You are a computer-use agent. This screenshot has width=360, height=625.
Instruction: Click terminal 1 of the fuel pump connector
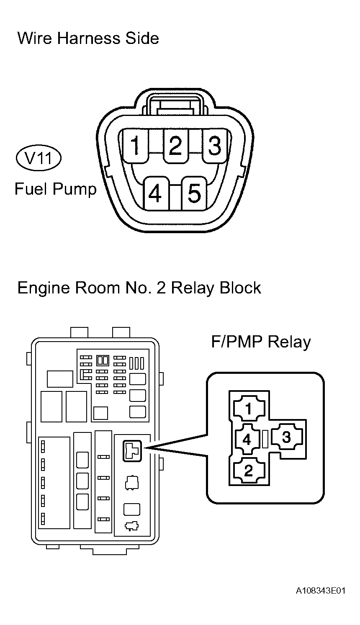pyautogui.click(x=135, y=146)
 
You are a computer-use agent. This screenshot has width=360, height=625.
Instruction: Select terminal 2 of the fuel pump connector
pyautogui.click(x=175, y=146)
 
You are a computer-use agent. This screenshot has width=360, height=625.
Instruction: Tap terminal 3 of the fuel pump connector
pyautogui.click(x=215, y=146)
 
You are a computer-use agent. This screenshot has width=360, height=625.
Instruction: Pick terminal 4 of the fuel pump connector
pyautogui.click(x=156, y=193)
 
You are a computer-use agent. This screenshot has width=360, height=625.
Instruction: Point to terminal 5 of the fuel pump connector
pyautogui.click(x=195, y=193)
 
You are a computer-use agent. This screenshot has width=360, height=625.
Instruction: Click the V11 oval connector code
pyautogui.click(x=39, y=158)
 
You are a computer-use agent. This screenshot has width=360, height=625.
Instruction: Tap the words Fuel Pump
pyautogui.click(x=56, y=189)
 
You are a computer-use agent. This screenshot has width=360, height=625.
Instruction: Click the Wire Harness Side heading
pyautogui.click(x=88, y=38)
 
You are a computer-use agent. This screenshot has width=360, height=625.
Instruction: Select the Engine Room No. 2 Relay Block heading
pyautogui.click(x=139, y=288)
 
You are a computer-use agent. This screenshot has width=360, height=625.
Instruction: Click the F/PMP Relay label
pyautogui.click(x=261, y=342)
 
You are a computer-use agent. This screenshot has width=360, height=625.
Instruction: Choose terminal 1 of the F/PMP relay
pyautogui.click(x=249, y=409)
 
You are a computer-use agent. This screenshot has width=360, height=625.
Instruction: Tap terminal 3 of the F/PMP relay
pyautogui.click(x=287, y=437)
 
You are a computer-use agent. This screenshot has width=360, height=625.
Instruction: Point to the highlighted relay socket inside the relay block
pyautogui.click(x=132, y=451)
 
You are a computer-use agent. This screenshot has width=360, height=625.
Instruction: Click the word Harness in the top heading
pyautogui.click(x=89, y=38)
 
